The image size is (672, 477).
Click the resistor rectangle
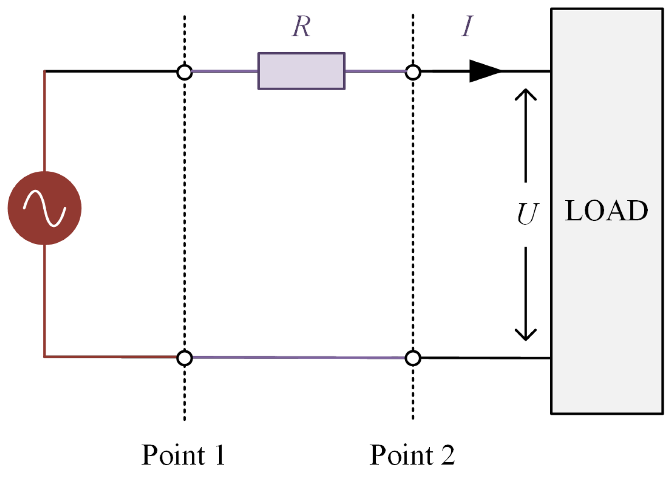(x=301, y=71)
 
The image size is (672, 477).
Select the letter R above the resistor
(x=301, y=27)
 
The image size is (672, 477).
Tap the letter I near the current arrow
(x=467, y=26)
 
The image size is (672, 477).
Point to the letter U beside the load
(x=527, y=214)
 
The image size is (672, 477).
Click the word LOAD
(x=606, y=211)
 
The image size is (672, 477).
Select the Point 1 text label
(x=183, y=455)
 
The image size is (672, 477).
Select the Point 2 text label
(x=412, y=455)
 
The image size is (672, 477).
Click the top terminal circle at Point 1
(x=184, y=72)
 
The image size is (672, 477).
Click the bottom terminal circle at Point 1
(x=184, y=358)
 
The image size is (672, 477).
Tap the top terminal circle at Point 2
(x=413, y=72)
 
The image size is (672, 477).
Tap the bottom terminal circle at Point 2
(x=413, y=358)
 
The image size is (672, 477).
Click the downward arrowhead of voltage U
(x=526, y=335)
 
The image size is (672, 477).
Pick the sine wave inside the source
(x=45, y=208)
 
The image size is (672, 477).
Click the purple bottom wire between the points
(x=298, y=357)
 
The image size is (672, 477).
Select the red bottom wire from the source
(x=109, y=357)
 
